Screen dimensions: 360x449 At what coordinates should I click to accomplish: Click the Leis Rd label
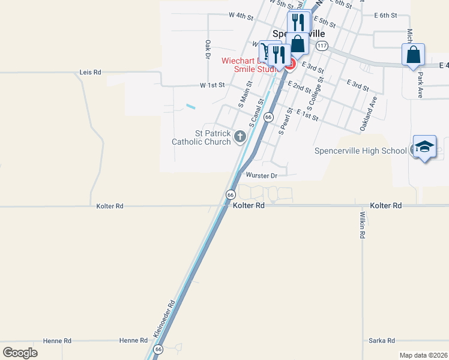[x=90, y=72]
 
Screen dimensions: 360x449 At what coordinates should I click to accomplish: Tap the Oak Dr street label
[x=208, y=49]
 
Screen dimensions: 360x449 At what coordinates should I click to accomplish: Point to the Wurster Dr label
[x=262, y=176]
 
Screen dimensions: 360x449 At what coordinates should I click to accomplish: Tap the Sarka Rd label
[x=382, y=340]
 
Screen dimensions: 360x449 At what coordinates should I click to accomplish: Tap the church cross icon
[x=240, y=137]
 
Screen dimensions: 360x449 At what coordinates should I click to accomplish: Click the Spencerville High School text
[x=360, y=151]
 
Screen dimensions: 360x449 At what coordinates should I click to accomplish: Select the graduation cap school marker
[x=424, y=147]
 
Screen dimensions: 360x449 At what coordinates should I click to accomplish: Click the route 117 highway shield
[x=322, y=46]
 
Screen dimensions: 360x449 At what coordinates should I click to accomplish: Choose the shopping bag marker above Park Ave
[x=413, y=55]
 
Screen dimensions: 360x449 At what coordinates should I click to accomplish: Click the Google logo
[x=20, y=353]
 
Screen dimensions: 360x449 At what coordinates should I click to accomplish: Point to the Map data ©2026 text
[x=423, y=355]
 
